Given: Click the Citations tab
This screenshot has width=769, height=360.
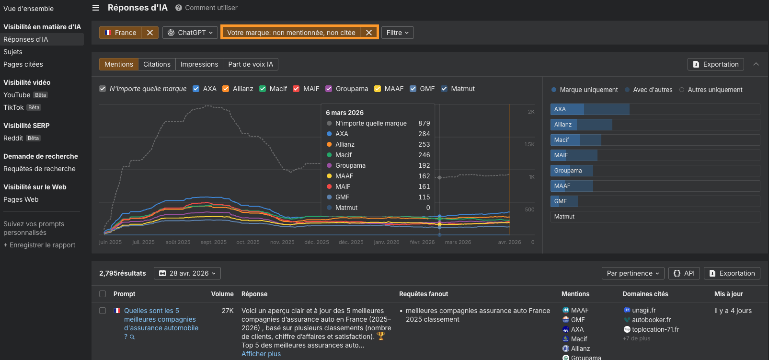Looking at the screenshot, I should pyautogui.click(x=157, y=64).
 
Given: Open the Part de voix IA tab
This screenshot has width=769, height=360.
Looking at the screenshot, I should pyautogui.click(x=251, y=64).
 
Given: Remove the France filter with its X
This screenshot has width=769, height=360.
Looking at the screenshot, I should pyautogui.click(x=150, y=33).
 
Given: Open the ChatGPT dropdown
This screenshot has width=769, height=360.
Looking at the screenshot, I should pyautogui.click(x=190, y=33).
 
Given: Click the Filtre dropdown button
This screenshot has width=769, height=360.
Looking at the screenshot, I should pyautogui.click(x=397, y=33).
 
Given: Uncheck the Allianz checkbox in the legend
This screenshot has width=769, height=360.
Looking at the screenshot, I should pyautogui.click(x=226, y=89).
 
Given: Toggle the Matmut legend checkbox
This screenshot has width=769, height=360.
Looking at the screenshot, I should pyautogui.click(x=444, y=89).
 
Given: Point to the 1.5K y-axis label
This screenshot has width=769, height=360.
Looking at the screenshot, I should pyautogui.click(x=529, y=144).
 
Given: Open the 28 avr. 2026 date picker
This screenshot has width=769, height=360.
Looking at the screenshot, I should pyautogui.click(x=187, y=273).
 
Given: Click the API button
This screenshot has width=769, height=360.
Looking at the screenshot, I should pyautogui.click(x=684, y=273).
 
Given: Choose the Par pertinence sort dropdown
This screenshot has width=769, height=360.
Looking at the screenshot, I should pyautogui.click(x=633, y=273).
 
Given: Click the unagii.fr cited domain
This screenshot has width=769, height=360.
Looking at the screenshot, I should pyautogui.click(x=643, y=310).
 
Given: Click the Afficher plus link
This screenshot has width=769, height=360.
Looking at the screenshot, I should pyautogui.click(x=261, y=354).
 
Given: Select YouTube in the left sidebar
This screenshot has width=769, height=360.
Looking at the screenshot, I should pyautogui.click(x=17, y=95).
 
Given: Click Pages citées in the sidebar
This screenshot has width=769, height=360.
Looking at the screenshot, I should pyautogui.click(x=23, y=64).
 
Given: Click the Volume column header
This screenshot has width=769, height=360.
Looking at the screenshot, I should pyautogui.click(x=222, y=294).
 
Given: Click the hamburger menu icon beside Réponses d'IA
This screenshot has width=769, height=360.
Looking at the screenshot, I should pyautogui.click(x=96, y=8).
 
